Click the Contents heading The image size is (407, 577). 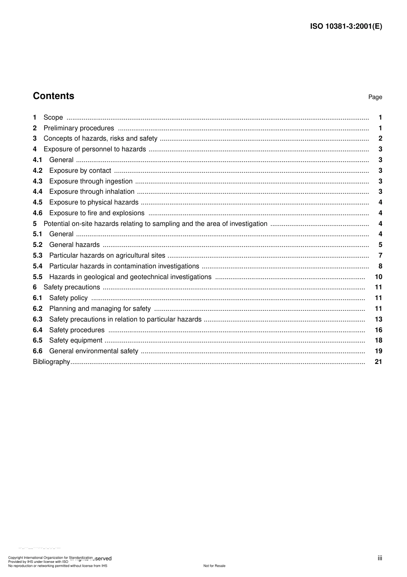(x=54, y=96)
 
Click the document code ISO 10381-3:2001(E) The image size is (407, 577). (x=346, y=26)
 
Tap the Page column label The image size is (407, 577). (x=375, y=97)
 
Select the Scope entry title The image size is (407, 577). (x=53, y=117)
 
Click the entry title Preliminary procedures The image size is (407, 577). (x=79, y=128)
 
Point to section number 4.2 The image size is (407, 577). (x=38, y=171)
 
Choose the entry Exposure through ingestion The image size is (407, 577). (x=91, y=181)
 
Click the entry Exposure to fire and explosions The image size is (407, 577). (x=97, y=213)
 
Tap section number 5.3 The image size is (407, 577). (x=38, y=255)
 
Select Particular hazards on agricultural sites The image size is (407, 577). (x=107, y=255)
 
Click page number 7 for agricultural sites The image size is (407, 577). (x=380, y=255)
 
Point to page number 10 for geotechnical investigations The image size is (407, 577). (x=378, y=277)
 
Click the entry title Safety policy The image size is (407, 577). (x=69, y=298)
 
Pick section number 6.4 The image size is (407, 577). (x=38, y=330)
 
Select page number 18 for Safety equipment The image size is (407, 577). (x=378, y=340)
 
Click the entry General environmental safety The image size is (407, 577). (x=94, y=351)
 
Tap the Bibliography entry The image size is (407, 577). (x=51, y=362)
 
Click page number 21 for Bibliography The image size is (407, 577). (x=378, y=362)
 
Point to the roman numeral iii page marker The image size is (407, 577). (x=380, y=558)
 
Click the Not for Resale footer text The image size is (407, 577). (x=214, y=566)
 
